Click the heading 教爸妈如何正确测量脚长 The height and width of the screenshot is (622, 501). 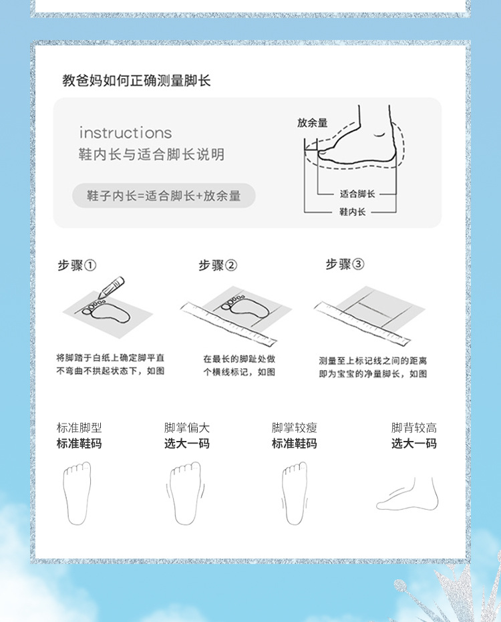tap(136, 81)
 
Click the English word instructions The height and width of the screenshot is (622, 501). tap(126, 133)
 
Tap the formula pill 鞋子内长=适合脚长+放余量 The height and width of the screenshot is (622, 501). tap(164, 196)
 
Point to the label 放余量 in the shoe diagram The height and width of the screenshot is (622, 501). tap(313, 123)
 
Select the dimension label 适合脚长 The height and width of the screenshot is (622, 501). tap(357, 194)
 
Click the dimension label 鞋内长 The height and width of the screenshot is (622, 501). tap(352, 212)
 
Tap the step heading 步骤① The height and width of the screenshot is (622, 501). tap(77, 265)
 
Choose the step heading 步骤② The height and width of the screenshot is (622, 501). tap(218, 265)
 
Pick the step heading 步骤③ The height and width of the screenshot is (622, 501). tap(345, 264)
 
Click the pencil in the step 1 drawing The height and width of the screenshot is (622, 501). tap(111, 287)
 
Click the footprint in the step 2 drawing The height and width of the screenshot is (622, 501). tap(244, 306)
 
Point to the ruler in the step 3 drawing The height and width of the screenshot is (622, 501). tap(362, 323)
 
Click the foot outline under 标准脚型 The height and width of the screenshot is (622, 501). tap(77, 493)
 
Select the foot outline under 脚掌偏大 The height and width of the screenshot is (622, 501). tap(185, 493)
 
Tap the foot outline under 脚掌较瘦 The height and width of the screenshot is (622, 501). tap(295, 493)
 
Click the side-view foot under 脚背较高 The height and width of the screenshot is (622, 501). tap(407, 494)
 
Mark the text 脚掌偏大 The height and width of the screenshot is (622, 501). tap(187, 428)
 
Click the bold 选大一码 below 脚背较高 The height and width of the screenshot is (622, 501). tap(414, 443)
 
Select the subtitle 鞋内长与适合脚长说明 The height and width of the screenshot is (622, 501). tap(152, 154)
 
